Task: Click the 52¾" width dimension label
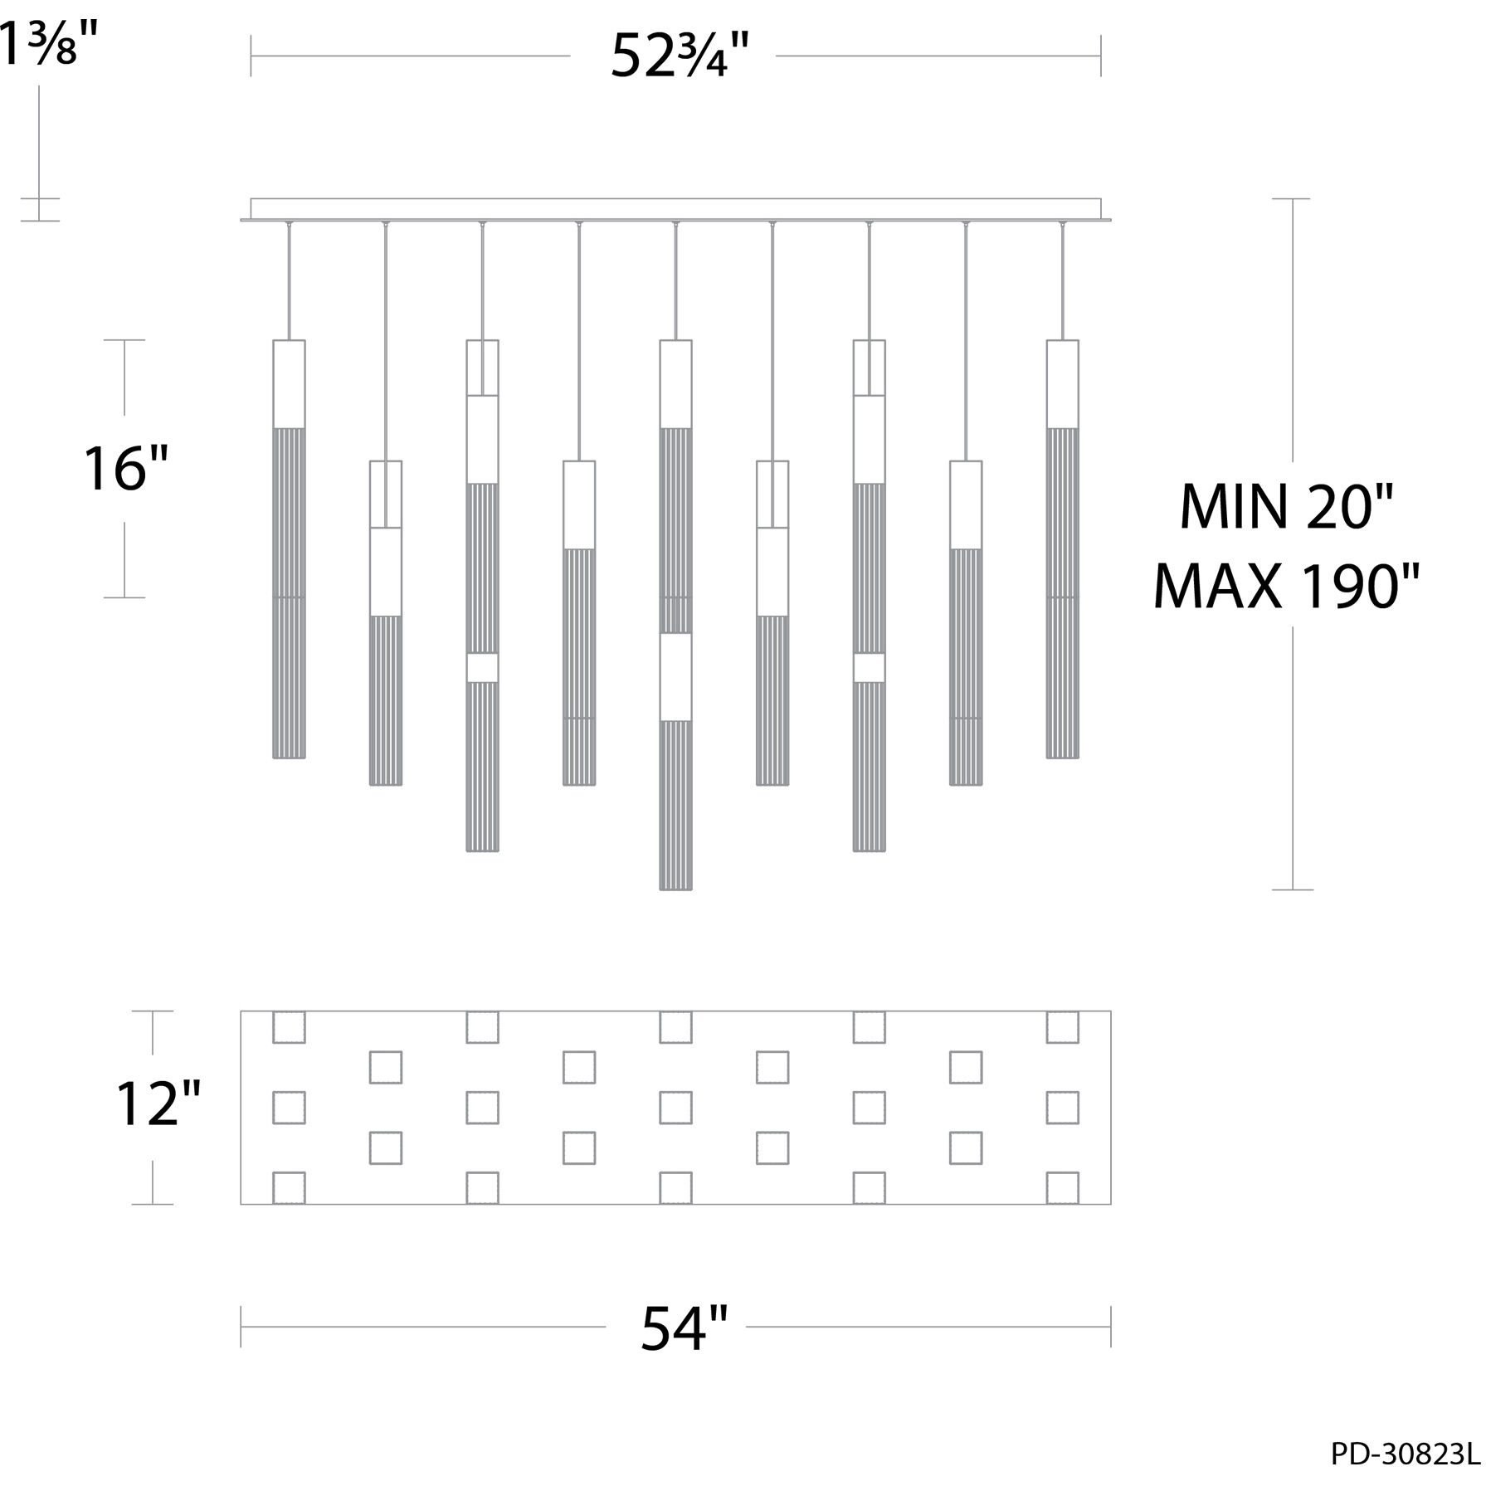click(x=680, y=56)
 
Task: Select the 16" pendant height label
click(x=126, y=468)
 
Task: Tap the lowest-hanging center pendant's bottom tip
click(x=675, y=889)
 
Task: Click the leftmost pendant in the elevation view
click(x=289, y=548)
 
